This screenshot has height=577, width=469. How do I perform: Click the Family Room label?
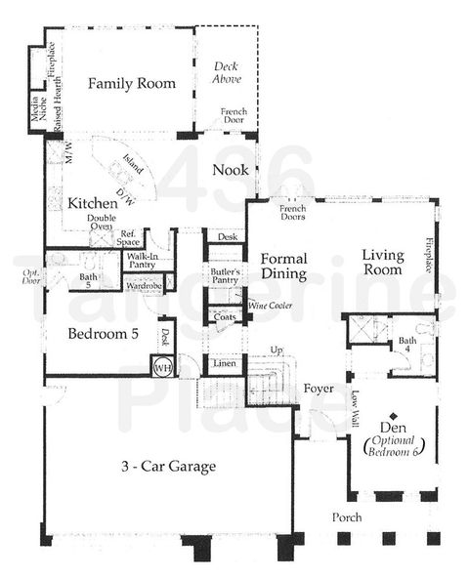[132, 84]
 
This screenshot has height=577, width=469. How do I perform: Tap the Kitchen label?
[93, 204]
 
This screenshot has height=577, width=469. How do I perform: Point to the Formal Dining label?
[284, 268]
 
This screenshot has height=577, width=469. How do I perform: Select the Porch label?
[346, 516]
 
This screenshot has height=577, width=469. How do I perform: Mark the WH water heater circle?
[161, 368]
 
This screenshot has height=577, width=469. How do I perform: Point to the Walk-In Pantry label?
[142, 260]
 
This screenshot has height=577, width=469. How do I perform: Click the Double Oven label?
[101, 224]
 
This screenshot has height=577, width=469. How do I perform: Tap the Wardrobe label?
[143, 286]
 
